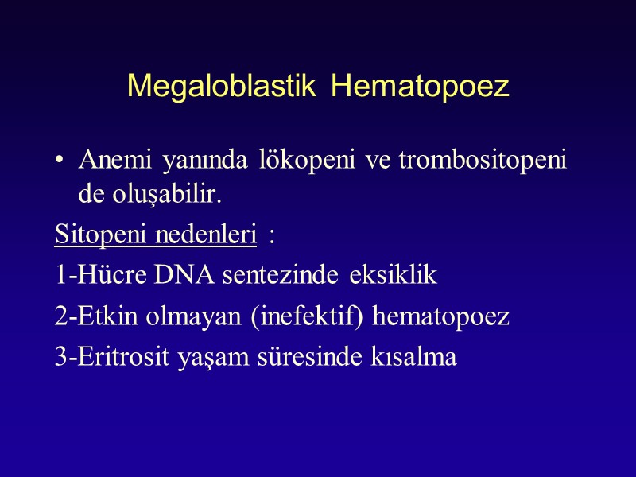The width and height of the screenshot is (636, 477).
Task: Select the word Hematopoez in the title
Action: [x=420, y=87]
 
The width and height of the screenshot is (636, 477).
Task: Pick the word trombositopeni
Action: [x=482, y=161]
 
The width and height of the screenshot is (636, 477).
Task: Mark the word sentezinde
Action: [x=282, y=277]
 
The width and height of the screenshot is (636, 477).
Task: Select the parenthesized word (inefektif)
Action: [x=319, y=317]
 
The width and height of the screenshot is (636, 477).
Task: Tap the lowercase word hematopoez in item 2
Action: [x=441, y=317]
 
